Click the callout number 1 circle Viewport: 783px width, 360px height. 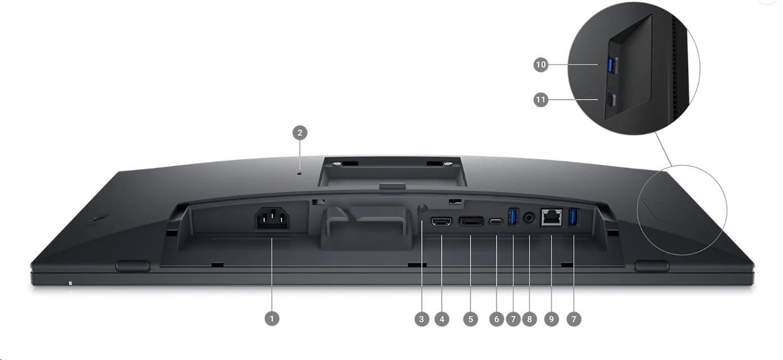[x=272, y=319]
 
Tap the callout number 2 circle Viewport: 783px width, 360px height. [x=300, y=133]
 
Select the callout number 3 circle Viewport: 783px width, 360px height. [x=422, y=319]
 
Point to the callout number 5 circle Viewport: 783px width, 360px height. [x=471, y=319]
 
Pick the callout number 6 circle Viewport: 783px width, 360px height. [x=496, y=319]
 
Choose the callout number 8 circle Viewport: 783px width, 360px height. [x=529, y=319]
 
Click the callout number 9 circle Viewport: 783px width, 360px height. [x=551, y=319]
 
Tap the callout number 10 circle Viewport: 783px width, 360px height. [x=541, y=64]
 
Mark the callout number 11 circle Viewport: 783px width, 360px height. [x=541, y=100]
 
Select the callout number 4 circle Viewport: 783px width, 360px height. [x=442, y=319]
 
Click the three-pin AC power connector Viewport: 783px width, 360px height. [x=273, y=219]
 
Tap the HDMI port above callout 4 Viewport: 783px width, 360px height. [x=442, y=221]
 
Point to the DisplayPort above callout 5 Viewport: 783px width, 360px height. [x=471, y=221]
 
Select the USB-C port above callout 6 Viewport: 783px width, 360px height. [x=496, y=221]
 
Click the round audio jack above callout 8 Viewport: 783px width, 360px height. [x=529, y=218]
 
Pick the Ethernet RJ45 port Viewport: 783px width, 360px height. [x=551, y=218]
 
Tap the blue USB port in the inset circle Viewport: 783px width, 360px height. [x=612, y=66]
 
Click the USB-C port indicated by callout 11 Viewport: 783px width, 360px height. [x=611, y=100]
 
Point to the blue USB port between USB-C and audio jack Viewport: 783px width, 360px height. [x=513, y=216]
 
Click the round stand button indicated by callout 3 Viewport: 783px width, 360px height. [x=422, y=208]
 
